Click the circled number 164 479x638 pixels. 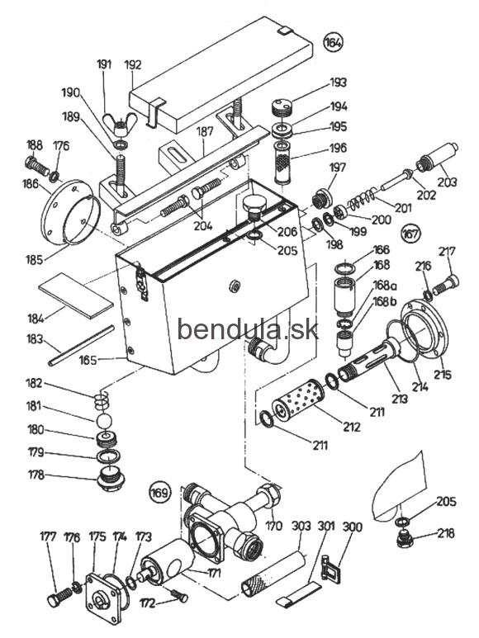pyautogui.click(x=333, y=42)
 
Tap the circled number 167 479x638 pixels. pyautogui.click(x=410, y=234)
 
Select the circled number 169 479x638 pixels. pyautogui.click(x=159, y=493)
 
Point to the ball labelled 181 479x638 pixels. pyautogui.click(x=105, y=421)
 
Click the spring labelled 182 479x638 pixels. pyautogui.click(x=102, y=401)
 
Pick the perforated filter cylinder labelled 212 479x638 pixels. pyautogui.click(x=298, y=402)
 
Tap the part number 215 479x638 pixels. pyautogui.click(x=442, y=374)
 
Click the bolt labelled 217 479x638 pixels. pyautogui.click(x=445, y=285)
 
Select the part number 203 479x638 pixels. pyautogui.click(x=447, y=182)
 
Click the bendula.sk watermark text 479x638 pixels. pyautogui.click(x=248, y=328)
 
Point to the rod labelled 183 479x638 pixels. pyautogui.click(x=82, y=346)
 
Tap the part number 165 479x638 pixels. pyautogui.click(x=88, y=359)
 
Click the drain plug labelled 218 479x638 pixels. pyautogui.click(x=405, y=539)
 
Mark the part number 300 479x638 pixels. pyautogui.click(x=352, y=527)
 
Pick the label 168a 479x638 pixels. pyautogui.click(x=386, y=286)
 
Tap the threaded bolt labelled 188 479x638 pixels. pyautogui.click(x=37, y=166)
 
